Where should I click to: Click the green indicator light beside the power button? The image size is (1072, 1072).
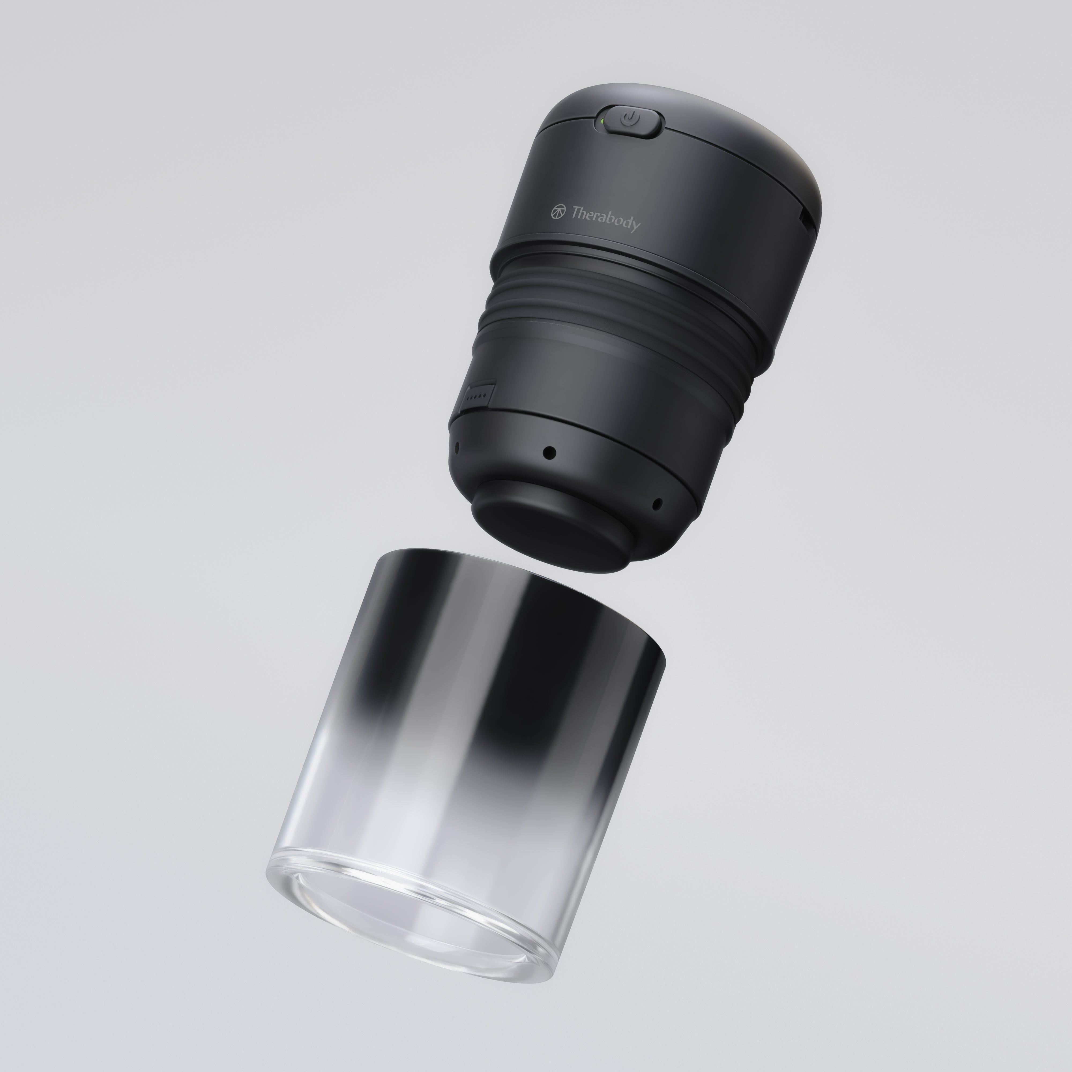601,120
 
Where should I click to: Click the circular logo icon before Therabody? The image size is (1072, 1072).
558,211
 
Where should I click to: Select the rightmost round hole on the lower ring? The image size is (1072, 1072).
657,504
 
